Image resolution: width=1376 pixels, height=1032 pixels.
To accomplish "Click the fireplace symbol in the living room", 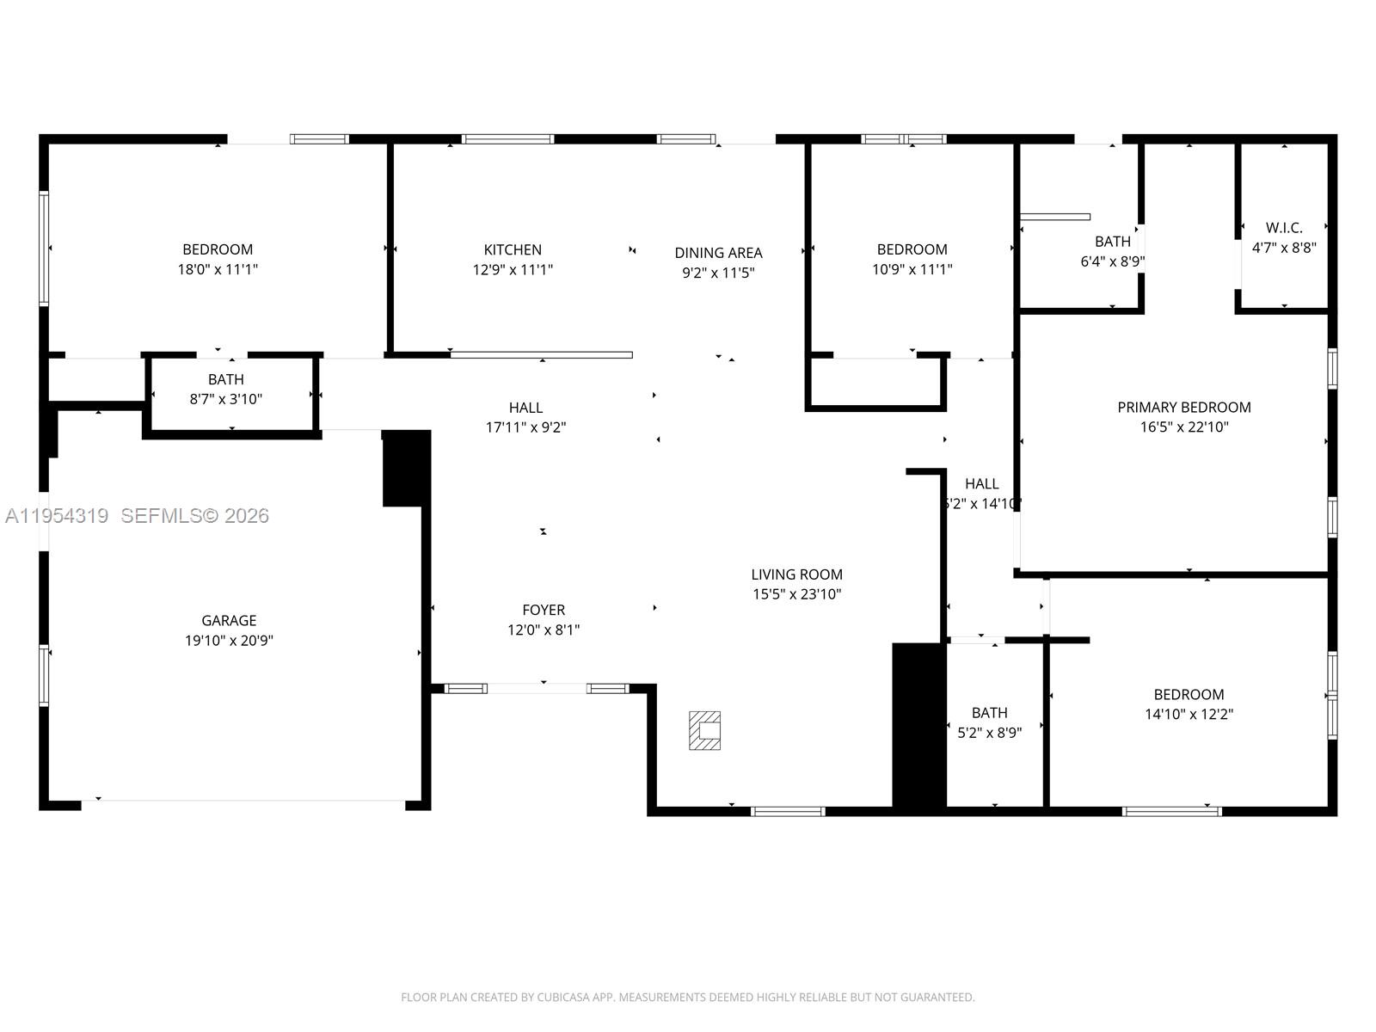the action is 704,731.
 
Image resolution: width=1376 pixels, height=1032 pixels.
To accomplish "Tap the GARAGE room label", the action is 229,620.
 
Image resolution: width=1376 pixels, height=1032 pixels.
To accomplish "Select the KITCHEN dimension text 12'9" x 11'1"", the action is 513,269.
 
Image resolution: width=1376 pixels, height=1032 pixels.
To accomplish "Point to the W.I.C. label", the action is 1284,228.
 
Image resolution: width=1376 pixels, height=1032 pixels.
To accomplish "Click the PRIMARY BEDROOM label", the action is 1183,407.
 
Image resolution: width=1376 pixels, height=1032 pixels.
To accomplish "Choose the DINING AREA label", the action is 718,253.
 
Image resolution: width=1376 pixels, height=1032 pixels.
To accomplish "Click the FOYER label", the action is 544,610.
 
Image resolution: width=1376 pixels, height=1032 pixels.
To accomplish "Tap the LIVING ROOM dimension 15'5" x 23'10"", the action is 796,594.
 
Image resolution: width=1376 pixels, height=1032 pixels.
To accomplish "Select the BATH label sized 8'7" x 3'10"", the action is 225,379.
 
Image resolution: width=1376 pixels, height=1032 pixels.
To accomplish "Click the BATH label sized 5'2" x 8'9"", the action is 989,712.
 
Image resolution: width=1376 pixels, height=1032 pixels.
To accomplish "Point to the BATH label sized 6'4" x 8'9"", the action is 1112,242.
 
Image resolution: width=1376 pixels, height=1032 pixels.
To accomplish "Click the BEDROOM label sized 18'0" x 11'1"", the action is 218,249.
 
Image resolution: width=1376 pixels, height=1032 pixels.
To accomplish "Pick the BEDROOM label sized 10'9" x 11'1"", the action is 912,249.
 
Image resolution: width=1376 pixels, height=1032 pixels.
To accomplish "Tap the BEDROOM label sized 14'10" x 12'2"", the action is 1189,694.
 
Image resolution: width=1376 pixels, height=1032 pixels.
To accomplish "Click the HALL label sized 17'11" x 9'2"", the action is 525,408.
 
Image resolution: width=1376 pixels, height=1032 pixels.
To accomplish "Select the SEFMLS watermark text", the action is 195,516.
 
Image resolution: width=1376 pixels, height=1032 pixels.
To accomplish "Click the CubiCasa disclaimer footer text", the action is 687,998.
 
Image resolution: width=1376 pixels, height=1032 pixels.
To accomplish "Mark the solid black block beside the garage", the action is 406,468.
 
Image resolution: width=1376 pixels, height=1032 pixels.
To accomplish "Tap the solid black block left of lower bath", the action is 918,727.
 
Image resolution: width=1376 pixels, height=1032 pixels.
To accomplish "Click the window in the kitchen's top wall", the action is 507,139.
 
